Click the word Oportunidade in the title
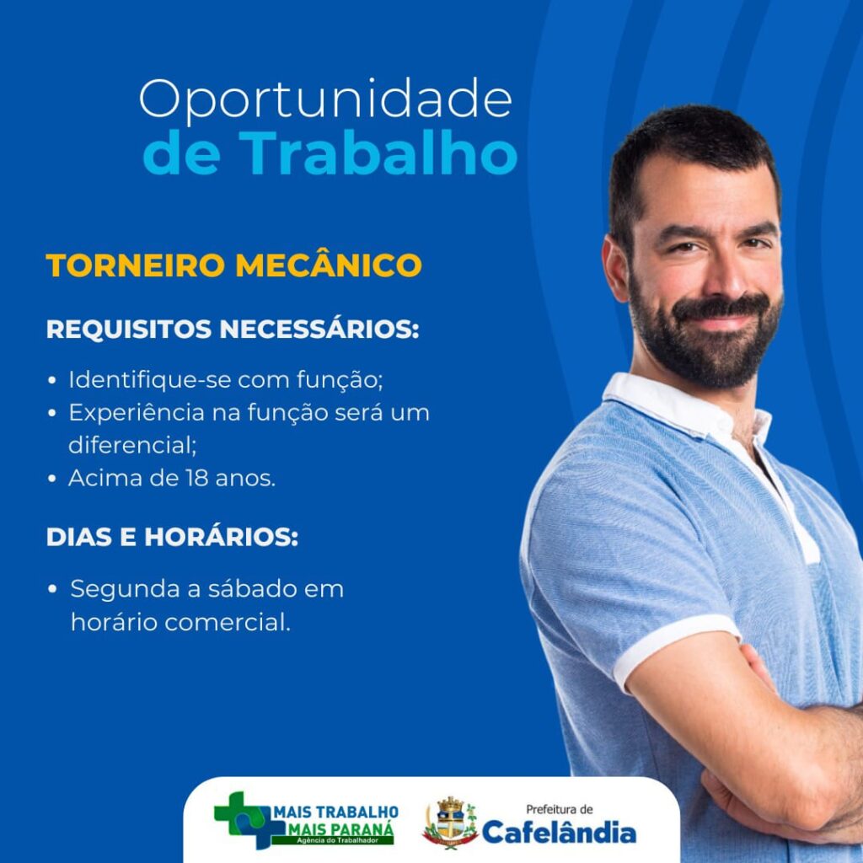[x=326, y=100]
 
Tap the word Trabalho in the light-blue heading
[x=378, y=153]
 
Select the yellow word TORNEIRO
[x=136, y=265]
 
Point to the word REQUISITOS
[x=129, y=330]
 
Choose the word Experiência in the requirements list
[x=137, y=413]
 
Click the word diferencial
[x=132, y=445]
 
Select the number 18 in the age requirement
[x=196, y=479]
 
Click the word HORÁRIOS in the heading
[x=222, y=537]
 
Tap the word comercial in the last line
[x=227, y=623]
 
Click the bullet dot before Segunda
[x=52, y=589]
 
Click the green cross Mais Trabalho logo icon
[x=243, y=819]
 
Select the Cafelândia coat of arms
[x=450, y=823]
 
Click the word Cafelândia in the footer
[x=560, y=832]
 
